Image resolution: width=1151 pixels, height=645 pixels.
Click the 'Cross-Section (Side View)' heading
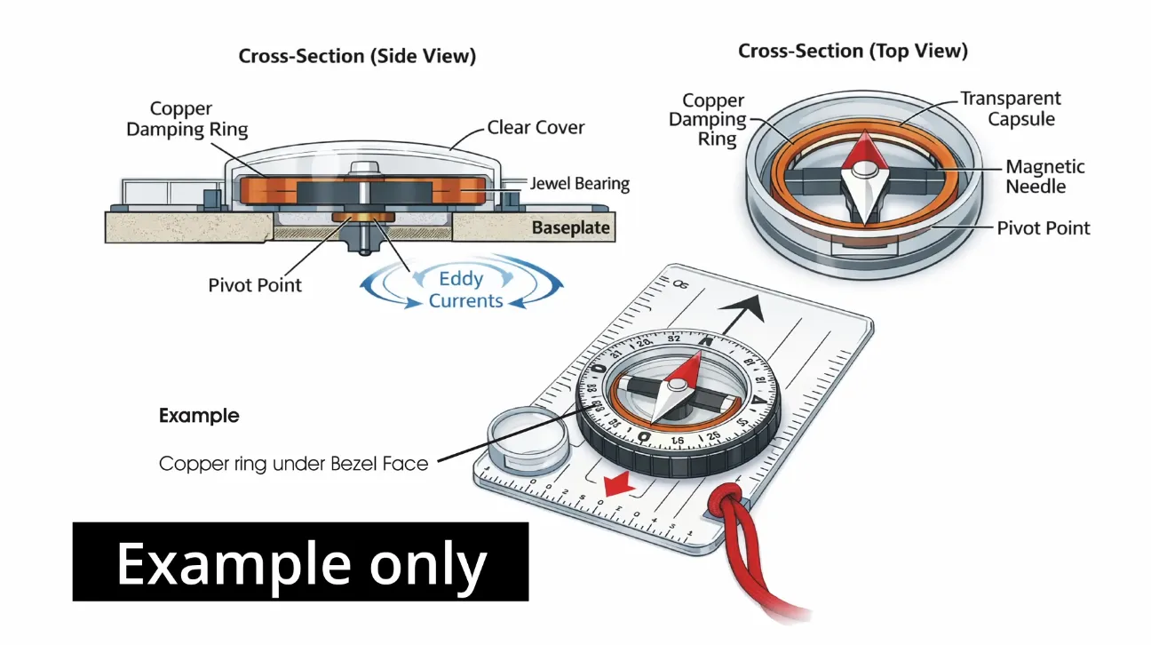coord(357,56)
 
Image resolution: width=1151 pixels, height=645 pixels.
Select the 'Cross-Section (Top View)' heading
coord(853,52)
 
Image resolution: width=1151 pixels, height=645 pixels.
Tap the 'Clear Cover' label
coord(536,127)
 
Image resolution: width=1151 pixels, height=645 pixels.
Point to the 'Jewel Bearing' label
coord(580,184)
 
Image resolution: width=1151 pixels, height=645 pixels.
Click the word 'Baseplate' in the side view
coord(570,228)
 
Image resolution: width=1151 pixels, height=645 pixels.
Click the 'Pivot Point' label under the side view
coord(255,285)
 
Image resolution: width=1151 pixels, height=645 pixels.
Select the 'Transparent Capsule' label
coord(1011,108)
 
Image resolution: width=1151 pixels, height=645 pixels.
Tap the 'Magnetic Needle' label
coord(1044,176)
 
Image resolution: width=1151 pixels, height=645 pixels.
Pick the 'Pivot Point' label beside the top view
coord(1043,227)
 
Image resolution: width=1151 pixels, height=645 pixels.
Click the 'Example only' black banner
coord(300,561)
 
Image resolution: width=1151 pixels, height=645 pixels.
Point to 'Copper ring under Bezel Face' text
coord(293,463)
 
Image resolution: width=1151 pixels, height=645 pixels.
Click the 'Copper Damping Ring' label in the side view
coord(187,119)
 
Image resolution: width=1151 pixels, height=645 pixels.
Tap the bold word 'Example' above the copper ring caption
coord(199,415)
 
